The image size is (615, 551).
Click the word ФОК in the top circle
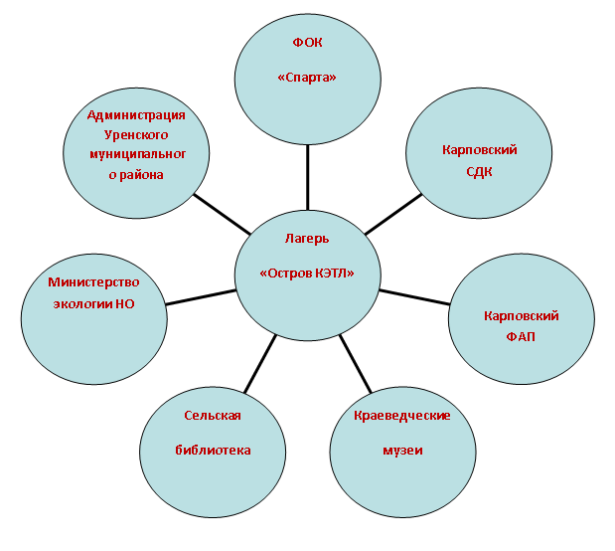click(x=308, y=42)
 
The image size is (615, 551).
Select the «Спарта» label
click(x=307, y=77)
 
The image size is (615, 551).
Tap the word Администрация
click(x=136, y=115)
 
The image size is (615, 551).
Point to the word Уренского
click(x=136, y=135)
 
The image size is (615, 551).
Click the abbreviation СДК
click(x=479, y=172)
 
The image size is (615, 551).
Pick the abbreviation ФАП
click(x=521, y=336)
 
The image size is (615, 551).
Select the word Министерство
click(x=93, y=282)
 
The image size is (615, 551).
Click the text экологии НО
click(x=93, y=304)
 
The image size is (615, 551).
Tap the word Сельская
click(x=213, y=416)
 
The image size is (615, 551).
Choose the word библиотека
click(x=213, y=451)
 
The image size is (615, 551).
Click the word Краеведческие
click(x=402, y=416)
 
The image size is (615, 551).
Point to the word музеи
click(x=402, y=451)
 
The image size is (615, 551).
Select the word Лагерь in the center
click(x=307, y=239)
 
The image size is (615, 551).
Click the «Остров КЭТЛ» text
click(x=307, y=273)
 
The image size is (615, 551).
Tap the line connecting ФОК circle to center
click(x=308, y=177)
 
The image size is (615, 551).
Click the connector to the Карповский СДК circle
click(x=393, y=215)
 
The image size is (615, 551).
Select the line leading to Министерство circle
click(x=201, y=297)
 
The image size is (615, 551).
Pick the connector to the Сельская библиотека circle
click(x=260, y=364)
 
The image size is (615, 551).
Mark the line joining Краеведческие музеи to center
click(x=355, y=364)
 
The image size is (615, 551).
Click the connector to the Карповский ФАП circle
click(x=414, y=297)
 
